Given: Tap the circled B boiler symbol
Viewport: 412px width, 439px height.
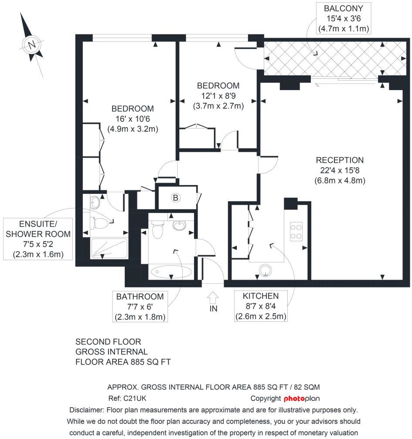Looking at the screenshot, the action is [175, 198].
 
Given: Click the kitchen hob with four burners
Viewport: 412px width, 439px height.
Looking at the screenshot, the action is [296, 232].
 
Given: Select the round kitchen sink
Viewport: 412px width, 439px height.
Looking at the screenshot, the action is [265, 270].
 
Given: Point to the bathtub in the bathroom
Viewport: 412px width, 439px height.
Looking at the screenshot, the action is [171, 271].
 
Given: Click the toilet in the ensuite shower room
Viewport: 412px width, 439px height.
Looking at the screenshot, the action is [99, 223].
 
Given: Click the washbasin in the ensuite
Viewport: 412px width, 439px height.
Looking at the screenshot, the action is [95, 202].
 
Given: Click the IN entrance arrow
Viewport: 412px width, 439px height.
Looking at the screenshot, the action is [213, 298].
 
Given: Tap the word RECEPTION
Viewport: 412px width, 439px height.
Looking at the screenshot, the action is [340, 160].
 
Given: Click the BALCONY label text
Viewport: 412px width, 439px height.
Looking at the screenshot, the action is [344, 8].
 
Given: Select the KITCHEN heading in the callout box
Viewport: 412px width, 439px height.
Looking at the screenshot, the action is [261, 296].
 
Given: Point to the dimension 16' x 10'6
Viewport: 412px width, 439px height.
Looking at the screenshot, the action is [133, 119].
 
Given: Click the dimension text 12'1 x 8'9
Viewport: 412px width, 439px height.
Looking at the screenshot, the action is [218, 96].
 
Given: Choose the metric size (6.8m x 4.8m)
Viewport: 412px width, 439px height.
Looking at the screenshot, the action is [340, 181].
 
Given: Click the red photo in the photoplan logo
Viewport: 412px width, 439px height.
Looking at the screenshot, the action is [294, 398].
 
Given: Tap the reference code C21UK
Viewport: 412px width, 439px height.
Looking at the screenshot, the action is [135, 398].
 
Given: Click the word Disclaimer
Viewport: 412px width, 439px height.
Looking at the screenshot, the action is [87, 410].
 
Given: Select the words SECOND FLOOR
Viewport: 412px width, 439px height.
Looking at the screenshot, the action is [108, 341].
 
